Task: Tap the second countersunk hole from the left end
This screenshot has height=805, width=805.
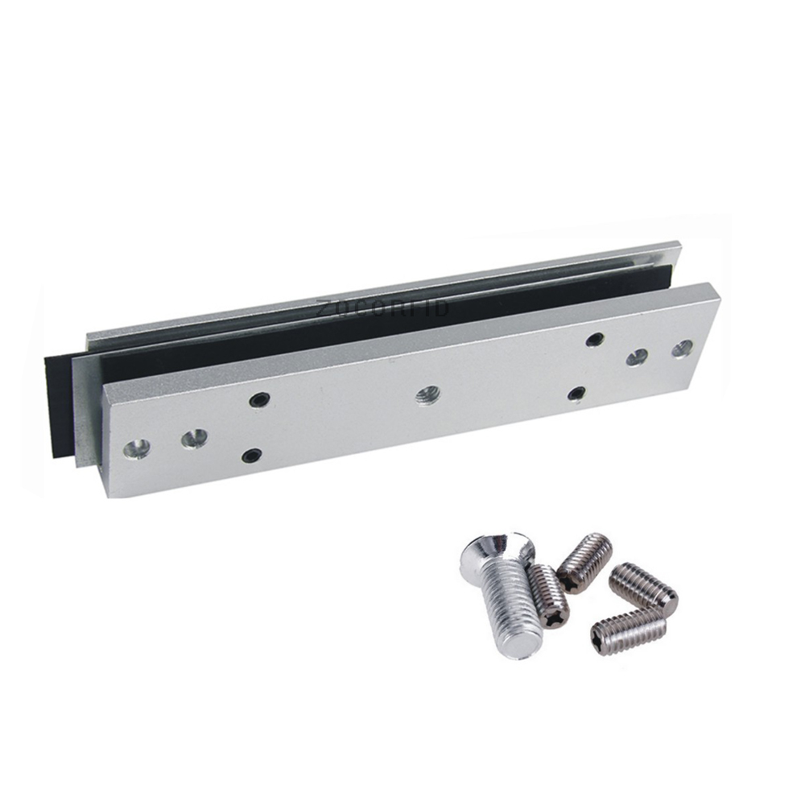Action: coord(193,438)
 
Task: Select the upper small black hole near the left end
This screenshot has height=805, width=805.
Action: coord(258,398)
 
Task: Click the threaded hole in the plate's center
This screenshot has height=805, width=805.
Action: coord(424,394)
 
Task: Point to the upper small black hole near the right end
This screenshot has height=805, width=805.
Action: coord(594,339)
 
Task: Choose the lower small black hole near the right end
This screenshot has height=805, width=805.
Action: coord(576,392)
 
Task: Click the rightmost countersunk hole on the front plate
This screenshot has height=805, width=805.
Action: coord(683,349)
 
